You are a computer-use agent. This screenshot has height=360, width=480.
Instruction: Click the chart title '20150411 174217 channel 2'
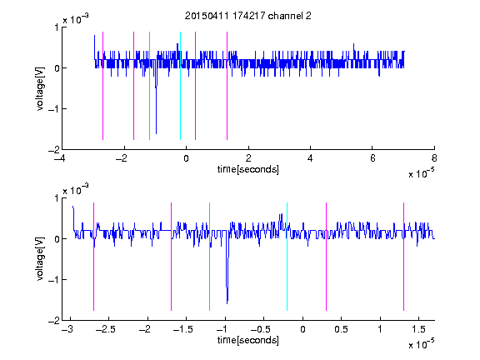click(x=248, y=16)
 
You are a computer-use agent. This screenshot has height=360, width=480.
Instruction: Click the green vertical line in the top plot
click(x=149, y=86)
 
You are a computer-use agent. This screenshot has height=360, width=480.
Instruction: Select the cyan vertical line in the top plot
click(x=180, y=86)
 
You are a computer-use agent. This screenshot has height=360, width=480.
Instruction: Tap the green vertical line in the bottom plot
click(x=209, y=257)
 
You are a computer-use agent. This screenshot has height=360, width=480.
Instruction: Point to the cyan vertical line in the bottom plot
click(x=287, y=257)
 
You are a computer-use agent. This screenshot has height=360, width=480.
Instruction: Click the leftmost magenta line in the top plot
click(x=102, y=86)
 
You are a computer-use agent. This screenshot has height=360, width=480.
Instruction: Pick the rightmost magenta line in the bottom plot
click(x=403, y=257)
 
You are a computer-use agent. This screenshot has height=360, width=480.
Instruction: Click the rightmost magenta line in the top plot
click(x=227, y=86)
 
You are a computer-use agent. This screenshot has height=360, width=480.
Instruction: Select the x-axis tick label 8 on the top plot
click(x=434, y=158)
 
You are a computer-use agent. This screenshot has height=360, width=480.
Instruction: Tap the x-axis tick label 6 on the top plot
click(x=372, y=158)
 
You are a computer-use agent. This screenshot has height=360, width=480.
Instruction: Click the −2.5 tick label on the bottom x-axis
click(x=106, y=329)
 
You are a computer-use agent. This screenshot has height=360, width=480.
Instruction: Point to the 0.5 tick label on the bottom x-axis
click(x=341, y=329)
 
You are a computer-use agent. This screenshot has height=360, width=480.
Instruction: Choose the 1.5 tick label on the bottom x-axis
click(x=418, y=329)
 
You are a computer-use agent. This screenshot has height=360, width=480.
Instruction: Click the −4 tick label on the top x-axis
click(x=60, y=158)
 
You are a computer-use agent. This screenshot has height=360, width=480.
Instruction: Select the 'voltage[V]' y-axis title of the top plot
click(x=40, y=89)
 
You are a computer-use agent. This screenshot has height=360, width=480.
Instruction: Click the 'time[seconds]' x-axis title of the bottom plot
click(x=248, y=340)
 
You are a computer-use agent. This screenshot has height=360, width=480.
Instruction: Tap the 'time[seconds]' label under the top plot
click(x=248, y=169)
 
